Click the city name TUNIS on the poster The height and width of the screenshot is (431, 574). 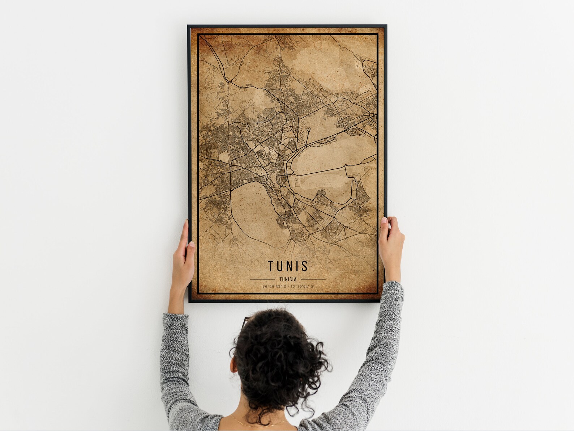[x=288, y=266]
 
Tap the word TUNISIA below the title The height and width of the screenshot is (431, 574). [x=288, y=279]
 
